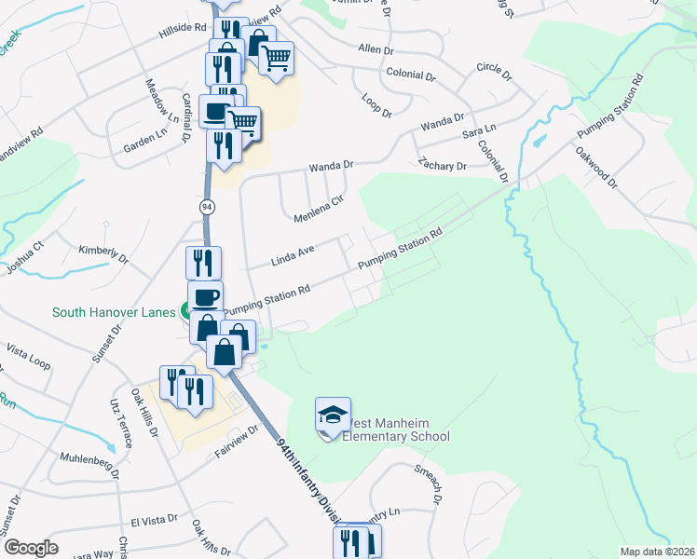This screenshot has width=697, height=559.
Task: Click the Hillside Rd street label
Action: pyautogui.click(x=182, y=29)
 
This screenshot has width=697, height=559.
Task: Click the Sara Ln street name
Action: pyautogui.click(x=479, y=135)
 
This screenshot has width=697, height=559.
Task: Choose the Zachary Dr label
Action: pyautogui.click(x=442, y=166)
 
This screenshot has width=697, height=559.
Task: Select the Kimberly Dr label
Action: pyautogui.click(x=103, y=252)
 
